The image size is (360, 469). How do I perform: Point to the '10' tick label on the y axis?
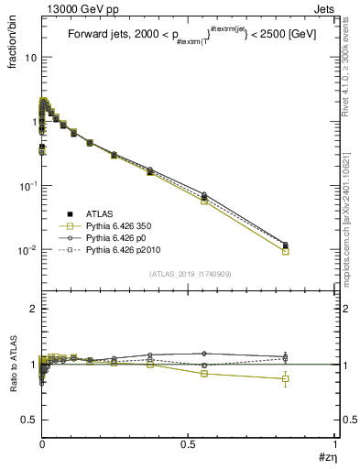point(29,58)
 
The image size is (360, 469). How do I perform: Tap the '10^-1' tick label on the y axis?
point(27,186)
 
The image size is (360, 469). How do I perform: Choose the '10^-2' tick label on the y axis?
point(27,250)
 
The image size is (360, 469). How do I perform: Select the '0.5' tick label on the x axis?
point(188,443)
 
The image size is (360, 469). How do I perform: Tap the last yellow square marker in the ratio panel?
point(285,378)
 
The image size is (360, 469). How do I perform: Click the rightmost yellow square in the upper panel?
point(285,251)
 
